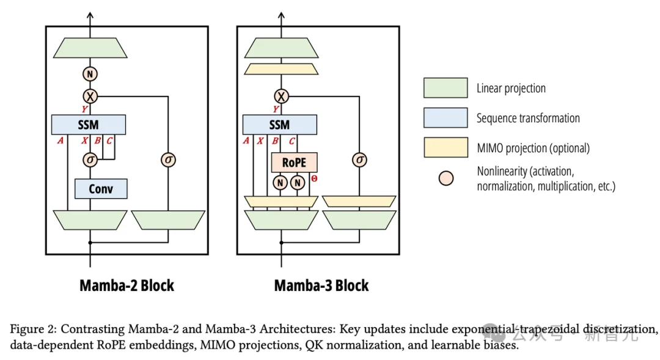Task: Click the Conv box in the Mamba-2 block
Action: click(101, 189)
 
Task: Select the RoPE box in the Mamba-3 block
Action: click(294, 162)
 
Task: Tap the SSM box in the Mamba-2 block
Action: click(89, 125)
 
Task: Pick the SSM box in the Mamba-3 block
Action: click(279, 125)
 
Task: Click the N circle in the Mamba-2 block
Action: click(90, 74)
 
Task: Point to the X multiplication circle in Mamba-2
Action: click(90, 97)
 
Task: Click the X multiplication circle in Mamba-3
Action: click(281, 97)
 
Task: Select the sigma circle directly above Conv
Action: click(90, 160)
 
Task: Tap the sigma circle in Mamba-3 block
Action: click(359, 160)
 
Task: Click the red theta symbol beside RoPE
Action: click(315, 178)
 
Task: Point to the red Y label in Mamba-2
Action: click(84, 109)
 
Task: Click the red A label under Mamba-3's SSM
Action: click(246, 141)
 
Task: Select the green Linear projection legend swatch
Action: click(446, 87)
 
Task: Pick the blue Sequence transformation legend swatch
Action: click(446, 117)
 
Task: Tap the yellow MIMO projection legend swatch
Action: click(446, 147)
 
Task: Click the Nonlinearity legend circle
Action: click(446, 178)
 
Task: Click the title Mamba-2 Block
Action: click(127, 285)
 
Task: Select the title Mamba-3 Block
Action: click(321, 285)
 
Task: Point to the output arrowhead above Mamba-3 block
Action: click(281, 15)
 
